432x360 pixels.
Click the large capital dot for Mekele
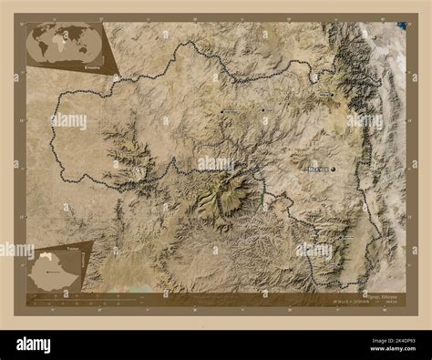[x=334, y=170]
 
